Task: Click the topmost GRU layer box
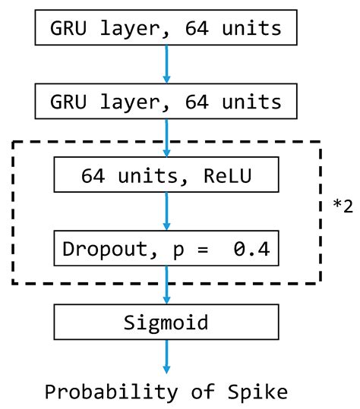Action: [x=166, y=30]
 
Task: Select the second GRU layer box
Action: [x=166, y=101]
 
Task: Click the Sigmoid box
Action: [x=166, y=322]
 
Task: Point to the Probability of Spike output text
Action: [x=166, y=392]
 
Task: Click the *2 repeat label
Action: [x=343, y=206]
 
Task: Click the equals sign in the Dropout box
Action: [x=203, y=248]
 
